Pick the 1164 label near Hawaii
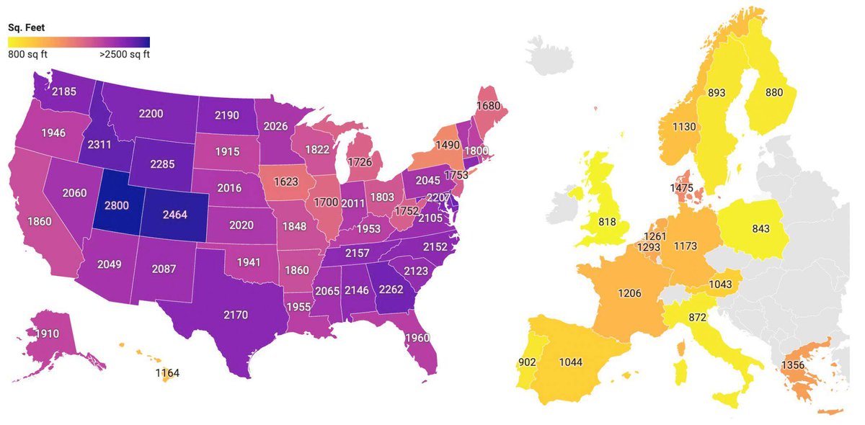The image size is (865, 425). coord(167,373)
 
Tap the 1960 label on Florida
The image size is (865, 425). coord(417,338)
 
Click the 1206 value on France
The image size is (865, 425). coord(629,293)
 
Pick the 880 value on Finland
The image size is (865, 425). coord(773,92)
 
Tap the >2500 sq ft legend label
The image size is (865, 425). coord(124,54)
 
